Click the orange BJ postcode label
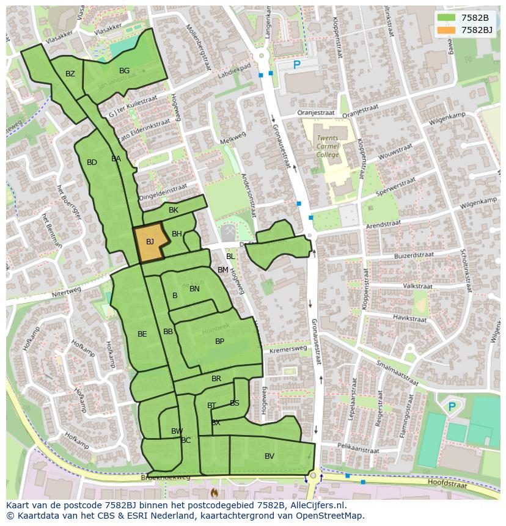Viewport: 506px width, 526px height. point(150,242)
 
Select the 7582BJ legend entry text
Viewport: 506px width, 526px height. point(477,29)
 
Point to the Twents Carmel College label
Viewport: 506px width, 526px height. point(328,147)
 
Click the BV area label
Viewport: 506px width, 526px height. point(269,456)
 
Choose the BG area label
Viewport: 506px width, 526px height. point(124,71)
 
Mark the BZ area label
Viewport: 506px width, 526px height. point(70,74)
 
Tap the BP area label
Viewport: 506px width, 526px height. point(219,342)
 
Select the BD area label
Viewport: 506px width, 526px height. point(92,163)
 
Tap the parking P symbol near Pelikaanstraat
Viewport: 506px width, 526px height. point(452,407)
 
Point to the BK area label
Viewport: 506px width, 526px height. point(174,210)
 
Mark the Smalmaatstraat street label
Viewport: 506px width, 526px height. point(397,374)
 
